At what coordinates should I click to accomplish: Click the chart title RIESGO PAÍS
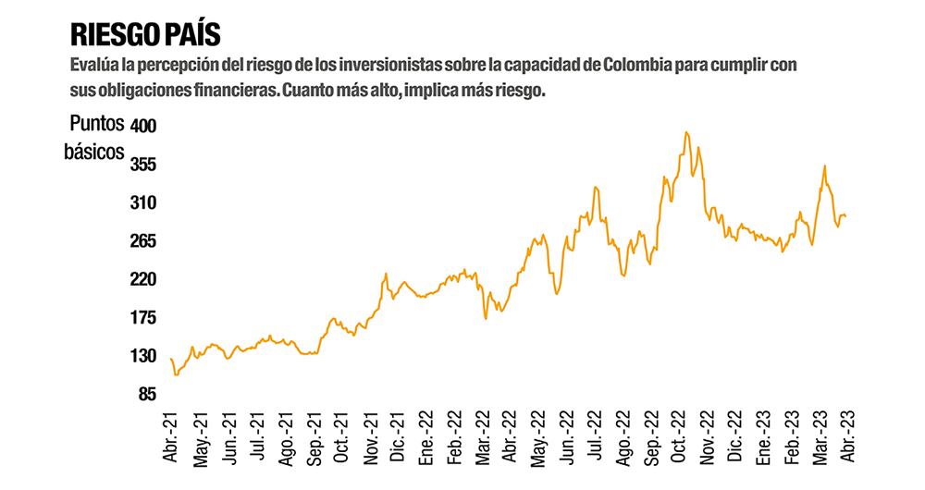[145, 35]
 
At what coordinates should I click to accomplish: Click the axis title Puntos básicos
[93, 138]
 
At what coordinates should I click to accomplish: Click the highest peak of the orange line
[685, 132]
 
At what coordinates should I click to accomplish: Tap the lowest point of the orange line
[175, 374]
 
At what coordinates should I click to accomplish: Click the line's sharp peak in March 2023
[824, 166]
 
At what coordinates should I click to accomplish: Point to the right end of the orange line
[845, 216]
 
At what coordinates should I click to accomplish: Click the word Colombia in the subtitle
[634, 67]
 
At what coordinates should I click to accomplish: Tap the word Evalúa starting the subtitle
[92, 67]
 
